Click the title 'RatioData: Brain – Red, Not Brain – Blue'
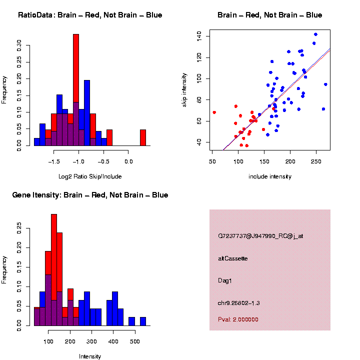click(90, 15)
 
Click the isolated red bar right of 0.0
click(142, 137)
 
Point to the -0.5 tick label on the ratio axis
click(103, 162)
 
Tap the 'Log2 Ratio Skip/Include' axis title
click(90, 176)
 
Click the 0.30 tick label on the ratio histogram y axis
click(19, 46)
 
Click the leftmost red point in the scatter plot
click(214, 112)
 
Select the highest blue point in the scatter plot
click(315, 34)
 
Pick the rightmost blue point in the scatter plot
click(325, 84)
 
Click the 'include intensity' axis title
click(270, 176)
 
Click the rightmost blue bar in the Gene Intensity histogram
click(143, 321)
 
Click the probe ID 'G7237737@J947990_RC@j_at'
click(260, 236)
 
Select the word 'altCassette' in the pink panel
click(232, 258)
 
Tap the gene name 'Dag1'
click(225, 280)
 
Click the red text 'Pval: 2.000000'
click(238, 319)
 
